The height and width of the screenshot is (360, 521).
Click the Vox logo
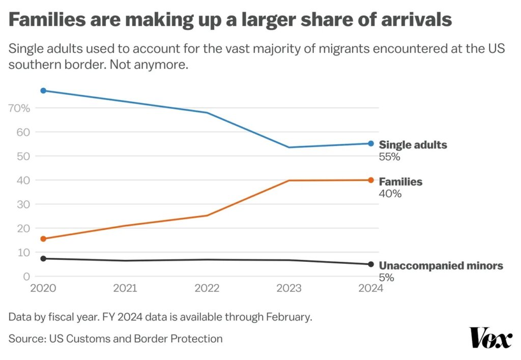(x=490, y=338)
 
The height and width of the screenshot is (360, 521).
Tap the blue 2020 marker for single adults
(x=43, y=91)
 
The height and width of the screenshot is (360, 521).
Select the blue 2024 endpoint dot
(x=371, y=143)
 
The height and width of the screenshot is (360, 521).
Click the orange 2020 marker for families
(x=43, y=238)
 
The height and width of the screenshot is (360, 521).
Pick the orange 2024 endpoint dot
(x=371, y=180)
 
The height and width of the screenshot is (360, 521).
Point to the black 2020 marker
(x=43, y=258)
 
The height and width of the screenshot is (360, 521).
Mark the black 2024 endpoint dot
(x=371, y=264)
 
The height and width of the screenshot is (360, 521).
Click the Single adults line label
(x=413, y=145)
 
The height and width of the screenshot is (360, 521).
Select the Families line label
(x=400, y=182)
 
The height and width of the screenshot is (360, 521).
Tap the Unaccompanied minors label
(x=441, y=265)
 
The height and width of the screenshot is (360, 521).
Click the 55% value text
(x=389, y=157)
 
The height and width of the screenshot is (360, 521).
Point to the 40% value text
(x=390, y=194)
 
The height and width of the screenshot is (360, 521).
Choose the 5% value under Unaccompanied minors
(x=387, y=278)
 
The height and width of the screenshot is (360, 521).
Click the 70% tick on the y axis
(x=20, y=108)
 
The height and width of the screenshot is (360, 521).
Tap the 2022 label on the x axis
(x=207, y=288)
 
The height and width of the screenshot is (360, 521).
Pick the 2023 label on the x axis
(x=289, y=288)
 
